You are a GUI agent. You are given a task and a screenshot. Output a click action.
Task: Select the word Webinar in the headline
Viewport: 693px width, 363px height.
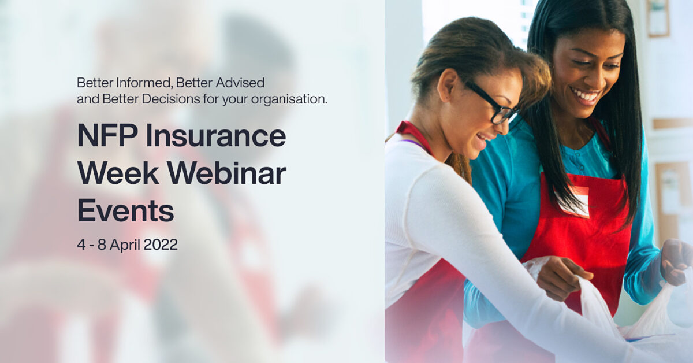coord(227,174)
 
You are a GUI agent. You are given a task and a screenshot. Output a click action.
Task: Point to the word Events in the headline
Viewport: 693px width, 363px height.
coord(126,211)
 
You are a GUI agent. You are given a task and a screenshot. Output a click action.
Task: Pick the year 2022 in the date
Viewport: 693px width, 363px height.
coord(161,245)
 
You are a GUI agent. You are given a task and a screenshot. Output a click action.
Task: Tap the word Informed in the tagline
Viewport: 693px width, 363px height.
coord(144,83)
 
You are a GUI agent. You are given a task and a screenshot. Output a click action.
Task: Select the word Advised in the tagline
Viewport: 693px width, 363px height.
coord(240,83)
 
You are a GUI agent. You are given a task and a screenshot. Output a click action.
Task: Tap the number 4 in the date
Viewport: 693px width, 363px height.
coord(81,245)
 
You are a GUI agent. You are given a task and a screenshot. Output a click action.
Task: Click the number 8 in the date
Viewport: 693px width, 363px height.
coord(102,245)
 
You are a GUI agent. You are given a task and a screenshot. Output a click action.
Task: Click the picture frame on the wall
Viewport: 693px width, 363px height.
coord(658,18)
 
